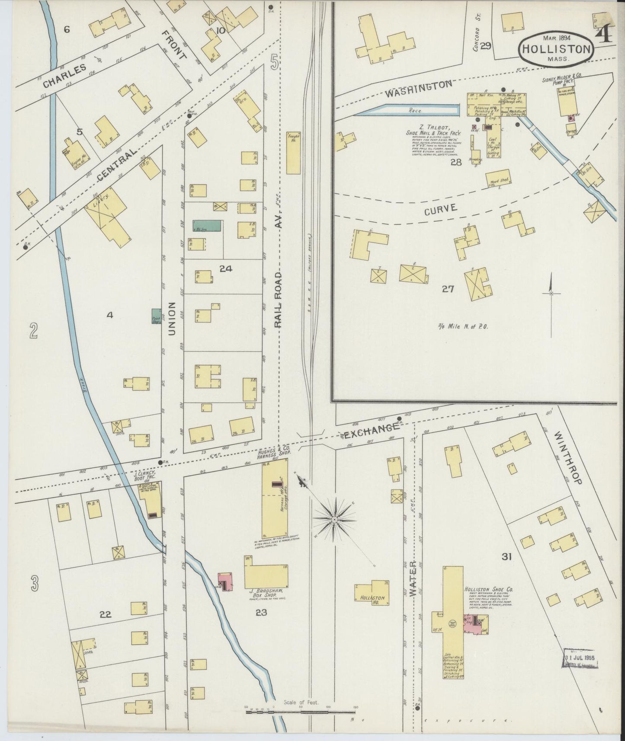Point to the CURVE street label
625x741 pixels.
441,209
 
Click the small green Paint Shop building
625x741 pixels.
156,316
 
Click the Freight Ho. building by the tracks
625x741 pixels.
293,153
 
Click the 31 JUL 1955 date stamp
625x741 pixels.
579,658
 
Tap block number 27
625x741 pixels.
448,289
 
